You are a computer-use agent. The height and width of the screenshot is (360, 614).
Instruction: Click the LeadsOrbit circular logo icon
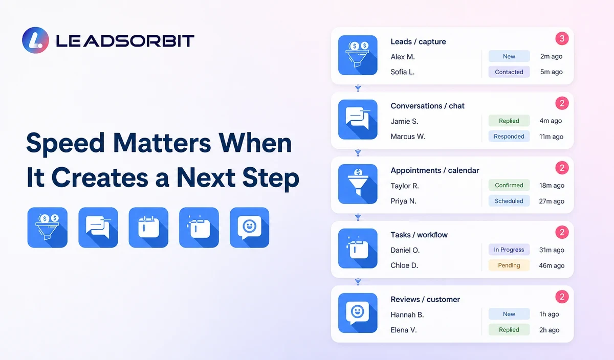(x=36, y=40)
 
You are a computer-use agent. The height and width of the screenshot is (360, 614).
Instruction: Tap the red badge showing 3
(x=562, y=39)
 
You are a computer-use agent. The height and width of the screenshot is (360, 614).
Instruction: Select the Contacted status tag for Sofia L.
(x=509, y=72)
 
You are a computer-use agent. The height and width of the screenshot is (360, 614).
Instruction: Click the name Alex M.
(x=403, y=57)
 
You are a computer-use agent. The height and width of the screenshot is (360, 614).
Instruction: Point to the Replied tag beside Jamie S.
(x=509, y=121)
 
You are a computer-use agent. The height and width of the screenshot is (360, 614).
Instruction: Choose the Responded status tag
(x=509, y=137)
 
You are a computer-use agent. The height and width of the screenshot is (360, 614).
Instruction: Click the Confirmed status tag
(x=509, y=185)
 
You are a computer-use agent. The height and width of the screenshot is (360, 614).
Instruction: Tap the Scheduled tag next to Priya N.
(x=509, y=201)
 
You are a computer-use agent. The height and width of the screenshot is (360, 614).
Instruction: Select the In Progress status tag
(x=509, y=250)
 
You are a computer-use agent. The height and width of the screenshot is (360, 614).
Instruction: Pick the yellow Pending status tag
(x=509, y=265)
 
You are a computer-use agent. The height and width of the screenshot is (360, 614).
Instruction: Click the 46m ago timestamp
(x=552, y=265)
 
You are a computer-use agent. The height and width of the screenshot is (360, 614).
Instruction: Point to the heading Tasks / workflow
(x=419, y=235)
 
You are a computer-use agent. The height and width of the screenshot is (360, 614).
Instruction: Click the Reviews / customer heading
(x=425, y=299)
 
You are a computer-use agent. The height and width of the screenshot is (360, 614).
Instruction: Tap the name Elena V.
(x=404, y=330)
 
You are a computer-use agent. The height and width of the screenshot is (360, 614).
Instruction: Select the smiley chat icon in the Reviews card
(x=358, y=313)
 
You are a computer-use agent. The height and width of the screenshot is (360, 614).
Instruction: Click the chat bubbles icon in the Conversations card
(x=358, y=120)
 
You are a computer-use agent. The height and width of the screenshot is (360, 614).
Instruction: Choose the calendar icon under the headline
(x=148, y=228)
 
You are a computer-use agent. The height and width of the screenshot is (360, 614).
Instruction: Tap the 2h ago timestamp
(x=549, y=330)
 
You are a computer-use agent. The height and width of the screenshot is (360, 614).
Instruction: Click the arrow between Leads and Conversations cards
(x=358, y=88)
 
